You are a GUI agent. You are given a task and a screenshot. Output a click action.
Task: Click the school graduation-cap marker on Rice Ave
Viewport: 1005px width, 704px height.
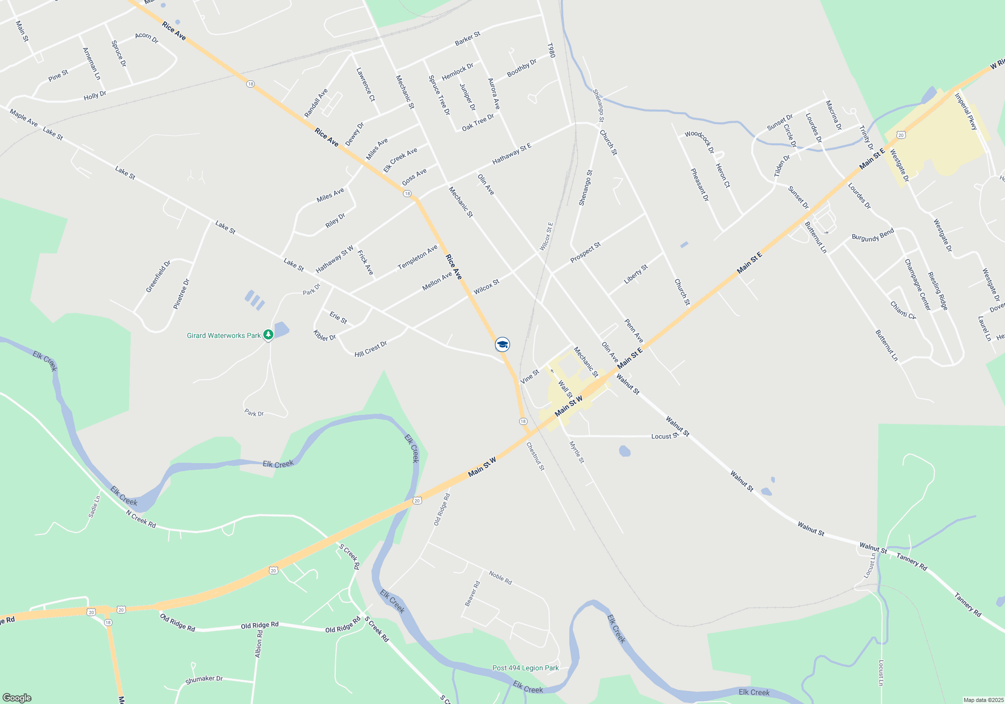[502, 344]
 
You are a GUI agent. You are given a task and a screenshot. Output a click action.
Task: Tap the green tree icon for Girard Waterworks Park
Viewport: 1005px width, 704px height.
[268, 334]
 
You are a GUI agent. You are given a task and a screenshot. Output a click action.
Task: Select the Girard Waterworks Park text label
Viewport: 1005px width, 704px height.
[224, 335]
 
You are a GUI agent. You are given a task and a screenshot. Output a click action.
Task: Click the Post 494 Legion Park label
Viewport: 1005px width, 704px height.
[525, 668]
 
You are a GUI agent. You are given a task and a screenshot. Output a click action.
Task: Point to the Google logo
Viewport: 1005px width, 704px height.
[17, 697]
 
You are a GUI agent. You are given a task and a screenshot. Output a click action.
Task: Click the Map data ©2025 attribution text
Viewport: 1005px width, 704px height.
[983, 700]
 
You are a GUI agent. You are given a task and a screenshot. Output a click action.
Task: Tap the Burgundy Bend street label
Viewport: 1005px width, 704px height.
[873, 235]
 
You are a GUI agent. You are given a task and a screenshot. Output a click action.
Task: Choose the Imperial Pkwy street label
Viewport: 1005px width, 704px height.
[966, 112]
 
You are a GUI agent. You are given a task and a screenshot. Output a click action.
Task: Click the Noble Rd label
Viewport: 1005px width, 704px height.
[500, 578]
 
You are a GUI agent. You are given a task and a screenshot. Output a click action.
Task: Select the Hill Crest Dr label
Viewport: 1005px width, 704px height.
[370, 349]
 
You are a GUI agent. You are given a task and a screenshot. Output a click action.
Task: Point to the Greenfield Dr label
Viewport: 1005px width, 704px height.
[158, 276]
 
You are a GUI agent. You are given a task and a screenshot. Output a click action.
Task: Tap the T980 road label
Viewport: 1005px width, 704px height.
[551, 50]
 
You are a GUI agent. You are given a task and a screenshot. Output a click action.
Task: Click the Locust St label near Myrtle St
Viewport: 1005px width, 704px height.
[664, 436]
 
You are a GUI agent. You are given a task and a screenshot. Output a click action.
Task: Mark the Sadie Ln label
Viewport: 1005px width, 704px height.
[94, 506]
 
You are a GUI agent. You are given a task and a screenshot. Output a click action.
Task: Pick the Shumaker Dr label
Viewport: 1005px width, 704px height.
[204, 679]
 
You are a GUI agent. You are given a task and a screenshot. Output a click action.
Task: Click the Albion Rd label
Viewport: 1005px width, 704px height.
[258, 644]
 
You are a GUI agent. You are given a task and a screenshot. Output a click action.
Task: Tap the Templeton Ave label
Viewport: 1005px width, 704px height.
[418, 257]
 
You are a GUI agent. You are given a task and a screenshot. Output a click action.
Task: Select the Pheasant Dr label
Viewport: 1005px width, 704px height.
[699, 185]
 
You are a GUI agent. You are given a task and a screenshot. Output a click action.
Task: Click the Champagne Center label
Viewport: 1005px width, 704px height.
[918, 285]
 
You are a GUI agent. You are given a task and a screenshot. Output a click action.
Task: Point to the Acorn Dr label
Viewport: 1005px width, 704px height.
[147, 38]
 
